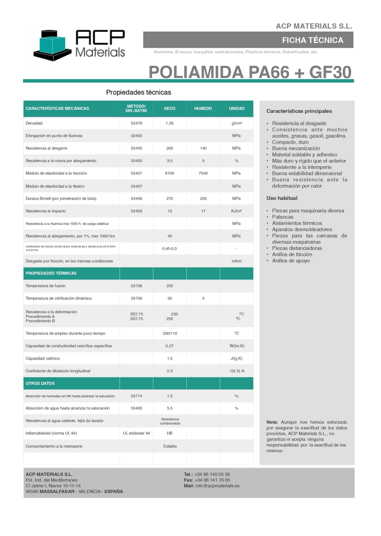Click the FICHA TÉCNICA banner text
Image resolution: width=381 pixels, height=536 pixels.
point(312,40)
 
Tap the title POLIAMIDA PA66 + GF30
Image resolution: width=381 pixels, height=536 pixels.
point(250,72)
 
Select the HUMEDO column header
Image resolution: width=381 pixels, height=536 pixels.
point(203,109)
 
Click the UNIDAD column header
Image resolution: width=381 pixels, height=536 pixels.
point(236,109)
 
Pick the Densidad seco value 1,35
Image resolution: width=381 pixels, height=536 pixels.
point(170,123)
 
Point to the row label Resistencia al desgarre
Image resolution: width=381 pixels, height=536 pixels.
point(46,148)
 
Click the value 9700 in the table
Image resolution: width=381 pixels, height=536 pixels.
point(170,173)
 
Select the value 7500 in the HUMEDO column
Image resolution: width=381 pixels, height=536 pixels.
point(203,173)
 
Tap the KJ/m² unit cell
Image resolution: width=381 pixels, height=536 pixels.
point(236,211)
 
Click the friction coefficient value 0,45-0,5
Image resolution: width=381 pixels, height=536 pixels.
point(170,249)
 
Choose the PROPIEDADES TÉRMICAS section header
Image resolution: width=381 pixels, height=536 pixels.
point(51,273)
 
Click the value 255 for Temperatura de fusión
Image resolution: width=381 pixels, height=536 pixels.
point(170,286)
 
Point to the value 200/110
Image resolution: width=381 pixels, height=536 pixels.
point(170,334)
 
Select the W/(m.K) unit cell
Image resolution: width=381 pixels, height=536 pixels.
point(237,346)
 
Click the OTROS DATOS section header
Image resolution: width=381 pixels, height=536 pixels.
point(40,383)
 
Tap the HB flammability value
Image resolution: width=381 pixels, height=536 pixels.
point(170,433)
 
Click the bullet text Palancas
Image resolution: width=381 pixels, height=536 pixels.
point(283,217)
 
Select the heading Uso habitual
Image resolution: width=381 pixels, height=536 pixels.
point(282,198)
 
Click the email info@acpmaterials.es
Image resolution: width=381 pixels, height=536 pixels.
point(217,486)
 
